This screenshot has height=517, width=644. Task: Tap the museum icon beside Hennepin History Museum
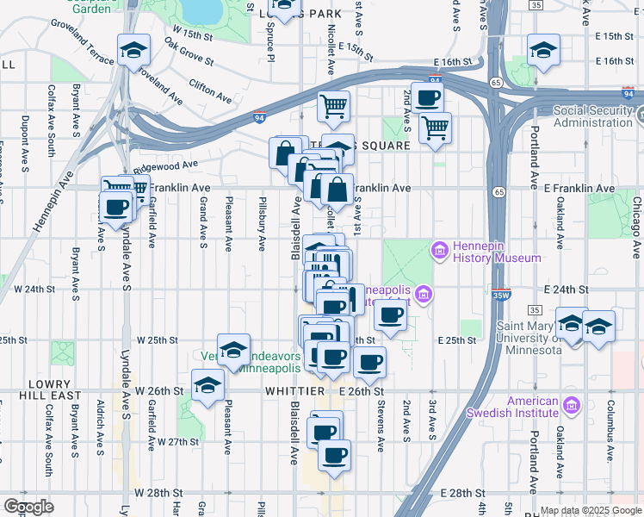tap(439, 251)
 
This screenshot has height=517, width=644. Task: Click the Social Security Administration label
tap(592, 116)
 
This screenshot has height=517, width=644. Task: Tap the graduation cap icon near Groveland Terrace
tap(134, 52)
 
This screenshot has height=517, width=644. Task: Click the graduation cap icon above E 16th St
tap(543, 52)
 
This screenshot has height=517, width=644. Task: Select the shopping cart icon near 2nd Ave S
tap(436, 128)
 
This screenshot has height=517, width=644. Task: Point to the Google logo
tap(28, 507)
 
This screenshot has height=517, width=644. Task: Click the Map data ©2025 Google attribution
tap(590, 510)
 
